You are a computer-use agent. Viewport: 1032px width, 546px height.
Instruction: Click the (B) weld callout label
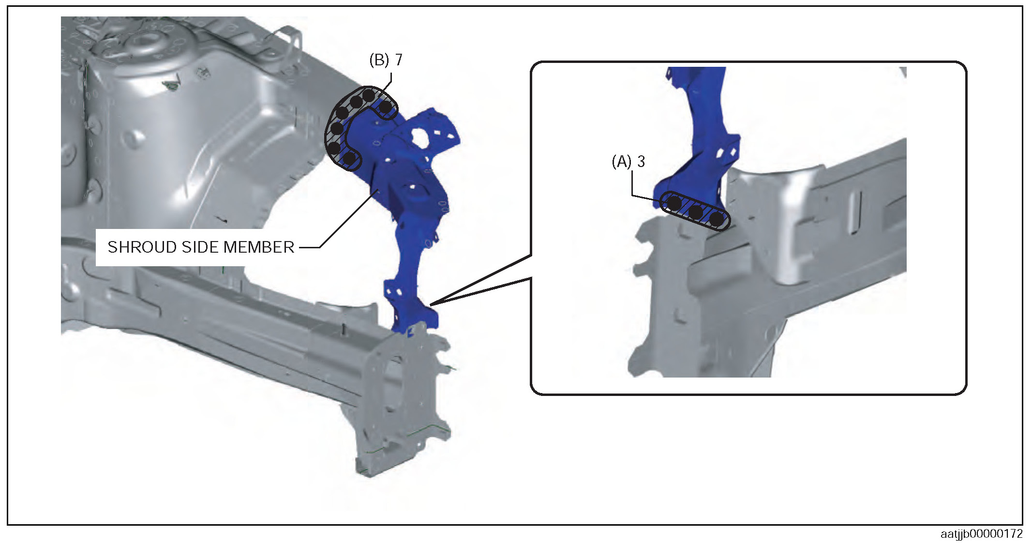(x=379, y=60)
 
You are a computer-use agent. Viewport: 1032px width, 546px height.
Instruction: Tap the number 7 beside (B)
(x=399, y=60)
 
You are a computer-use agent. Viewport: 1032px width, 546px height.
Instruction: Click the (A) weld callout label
(x=622, y=161)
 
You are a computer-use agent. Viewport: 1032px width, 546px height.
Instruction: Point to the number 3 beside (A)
(x=641, y=161)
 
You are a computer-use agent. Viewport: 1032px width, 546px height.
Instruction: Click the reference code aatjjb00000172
(x=981, y=534)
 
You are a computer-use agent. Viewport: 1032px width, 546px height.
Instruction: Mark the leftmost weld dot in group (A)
(x=674, y=203)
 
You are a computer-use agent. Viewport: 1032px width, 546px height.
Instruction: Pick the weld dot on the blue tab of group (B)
(x=385, y=106)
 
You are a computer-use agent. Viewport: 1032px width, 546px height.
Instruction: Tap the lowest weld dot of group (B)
(x=349, y=158)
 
